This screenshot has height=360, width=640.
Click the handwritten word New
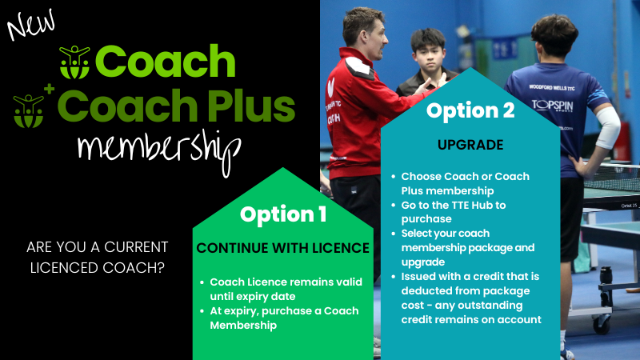point(31,26)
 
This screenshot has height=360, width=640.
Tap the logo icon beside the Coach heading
point(74,62)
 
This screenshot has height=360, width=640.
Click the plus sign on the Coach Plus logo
point(50,89)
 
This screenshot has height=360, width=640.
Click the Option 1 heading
point(283,214)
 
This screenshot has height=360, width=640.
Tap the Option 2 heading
point(470,110)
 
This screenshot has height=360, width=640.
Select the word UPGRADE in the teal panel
point(470,145)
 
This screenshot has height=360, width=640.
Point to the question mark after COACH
point(161,268)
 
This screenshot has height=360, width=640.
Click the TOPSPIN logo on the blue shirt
point(552,106)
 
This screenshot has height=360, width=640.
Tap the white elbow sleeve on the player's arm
point(608,127)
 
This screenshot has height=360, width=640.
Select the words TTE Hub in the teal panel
point(472,205)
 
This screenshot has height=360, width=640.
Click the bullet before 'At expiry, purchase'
point(202,311)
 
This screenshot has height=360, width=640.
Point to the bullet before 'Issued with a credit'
point(394,277)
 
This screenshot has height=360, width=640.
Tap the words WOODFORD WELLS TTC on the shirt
point(552,87)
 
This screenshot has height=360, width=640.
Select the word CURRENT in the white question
point(136,247)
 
